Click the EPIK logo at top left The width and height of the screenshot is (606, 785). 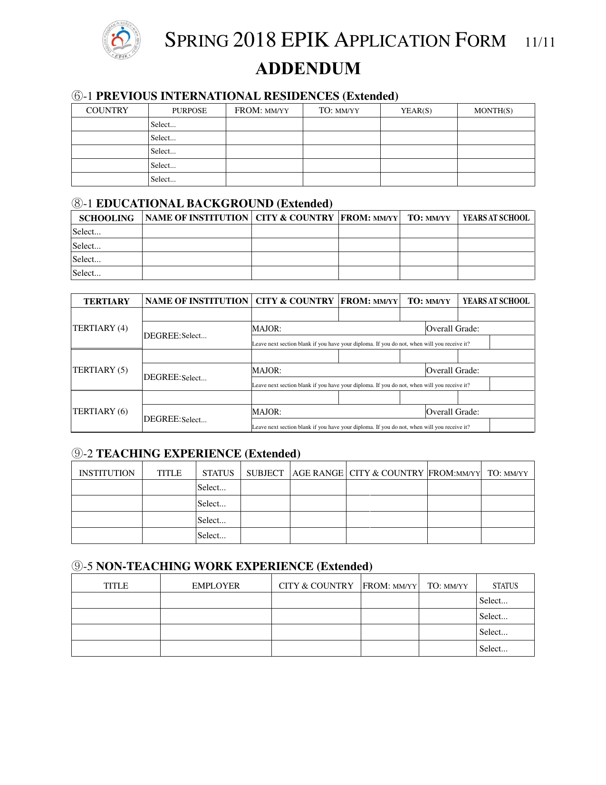[x=121, y=40]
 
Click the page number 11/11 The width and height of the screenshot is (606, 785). [x=540, y=42]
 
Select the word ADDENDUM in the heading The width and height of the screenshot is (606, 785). [x=308, y=68]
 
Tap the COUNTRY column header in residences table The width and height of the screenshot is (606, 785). [x=107, y=110]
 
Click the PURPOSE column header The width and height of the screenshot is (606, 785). [x=189, y=111]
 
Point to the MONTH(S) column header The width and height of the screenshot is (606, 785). [x=493, y=111]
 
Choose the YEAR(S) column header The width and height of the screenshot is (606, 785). [x=416, y=111]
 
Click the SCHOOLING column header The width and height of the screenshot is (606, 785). [x=106, y=218]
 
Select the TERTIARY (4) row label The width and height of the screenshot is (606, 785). [x=100, y=328]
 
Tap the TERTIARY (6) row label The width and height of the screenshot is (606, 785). [x=100, y=411]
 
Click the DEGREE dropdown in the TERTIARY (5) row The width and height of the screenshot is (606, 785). [x=194, y=378]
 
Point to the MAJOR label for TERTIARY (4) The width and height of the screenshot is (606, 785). [x=267, y=329]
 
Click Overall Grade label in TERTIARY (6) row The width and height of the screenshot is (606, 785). [x=452, y=412]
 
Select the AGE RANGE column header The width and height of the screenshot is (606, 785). [x=317, y=473]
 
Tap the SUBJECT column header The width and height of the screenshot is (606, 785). [x=265, y=473]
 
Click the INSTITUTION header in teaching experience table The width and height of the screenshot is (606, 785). [x=106, y=473]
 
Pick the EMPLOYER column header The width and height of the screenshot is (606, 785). [x=216, y=586]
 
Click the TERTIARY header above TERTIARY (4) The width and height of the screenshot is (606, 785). [x=106, y=301]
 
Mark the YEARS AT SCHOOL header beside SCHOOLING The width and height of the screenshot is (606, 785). [x=496, y=218]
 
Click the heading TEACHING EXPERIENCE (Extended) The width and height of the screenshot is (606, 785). [x=198, y=454]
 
